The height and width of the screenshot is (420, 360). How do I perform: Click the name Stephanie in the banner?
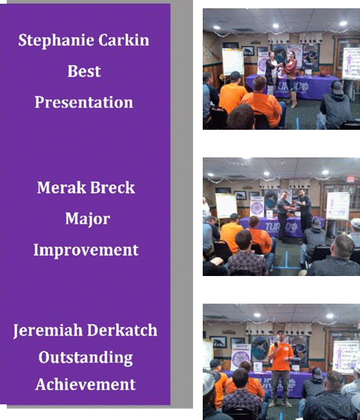click(56, 41)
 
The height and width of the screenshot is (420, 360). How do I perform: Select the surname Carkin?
click(124, 40)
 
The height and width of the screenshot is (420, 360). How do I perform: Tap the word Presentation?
click(83, 103)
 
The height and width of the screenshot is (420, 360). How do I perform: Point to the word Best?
click(84, 72)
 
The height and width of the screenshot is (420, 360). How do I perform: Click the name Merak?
click(61, 187)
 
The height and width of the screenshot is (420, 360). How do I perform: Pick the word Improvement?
click(86, 251)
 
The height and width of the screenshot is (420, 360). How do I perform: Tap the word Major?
click(87, 219)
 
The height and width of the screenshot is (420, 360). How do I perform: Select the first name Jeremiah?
click(48, 330)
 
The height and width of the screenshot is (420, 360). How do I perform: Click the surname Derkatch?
click(122, 330)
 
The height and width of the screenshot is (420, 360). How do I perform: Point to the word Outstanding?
click(86, 358)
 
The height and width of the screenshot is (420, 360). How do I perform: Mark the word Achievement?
click(86, 384)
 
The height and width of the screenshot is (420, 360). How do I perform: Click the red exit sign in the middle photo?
click(350, 179)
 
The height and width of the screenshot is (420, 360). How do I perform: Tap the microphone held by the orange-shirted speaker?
click(276, 344)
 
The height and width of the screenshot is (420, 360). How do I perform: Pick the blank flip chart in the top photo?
click(233, 62)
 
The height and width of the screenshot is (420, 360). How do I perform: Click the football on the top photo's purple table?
click(323, 73)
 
